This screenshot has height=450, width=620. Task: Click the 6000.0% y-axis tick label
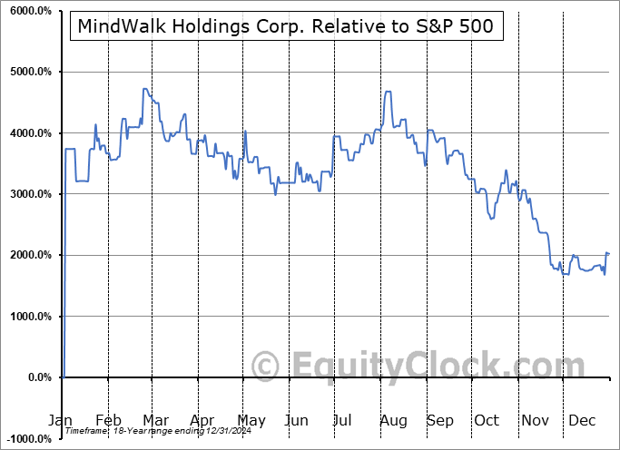coord(31,11)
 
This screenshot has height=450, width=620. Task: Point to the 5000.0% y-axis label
coord(31,72)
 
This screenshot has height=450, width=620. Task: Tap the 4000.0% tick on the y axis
coord(31,133)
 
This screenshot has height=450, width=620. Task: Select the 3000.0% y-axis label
coord(31,194)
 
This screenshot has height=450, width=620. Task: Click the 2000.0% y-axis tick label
coord(31,255)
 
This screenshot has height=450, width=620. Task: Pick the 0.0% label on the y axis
coord(39,377)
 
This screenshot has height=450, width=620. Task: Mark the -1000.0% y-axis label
coord(28,438)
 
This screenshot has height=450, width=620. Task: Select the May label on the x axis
coord(251,421)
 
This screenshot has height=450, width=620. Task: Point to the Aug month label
coord(392,421)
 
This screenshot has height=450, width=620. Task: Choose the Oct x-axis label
coord(487,421)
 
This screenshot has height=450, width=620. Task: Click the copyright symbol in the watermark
coord(266,367)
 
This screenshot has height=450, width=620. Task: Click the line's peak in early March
coord(144,89)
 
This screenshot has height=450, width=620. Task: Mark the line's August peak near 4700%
coord(388,92)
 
